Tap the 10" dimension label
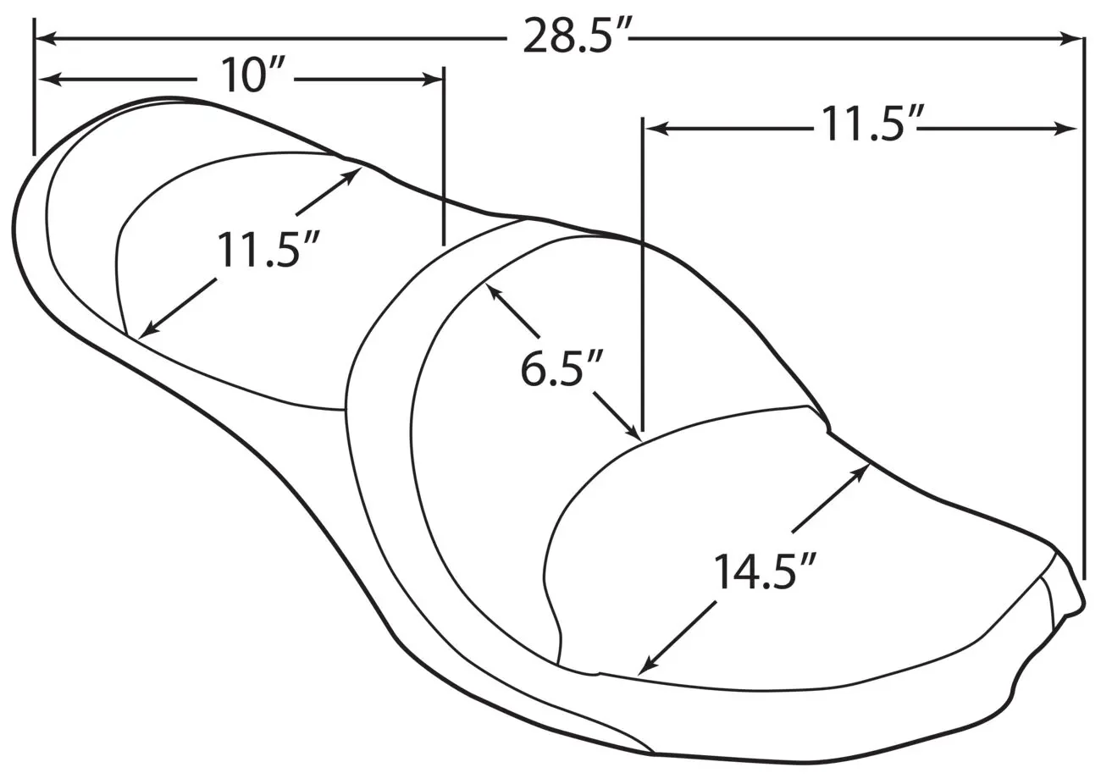click(x=253, y=75)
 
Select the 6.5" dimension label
click(x=561, y=368)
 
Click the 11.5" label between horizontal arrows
click(x=866, y=124)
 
